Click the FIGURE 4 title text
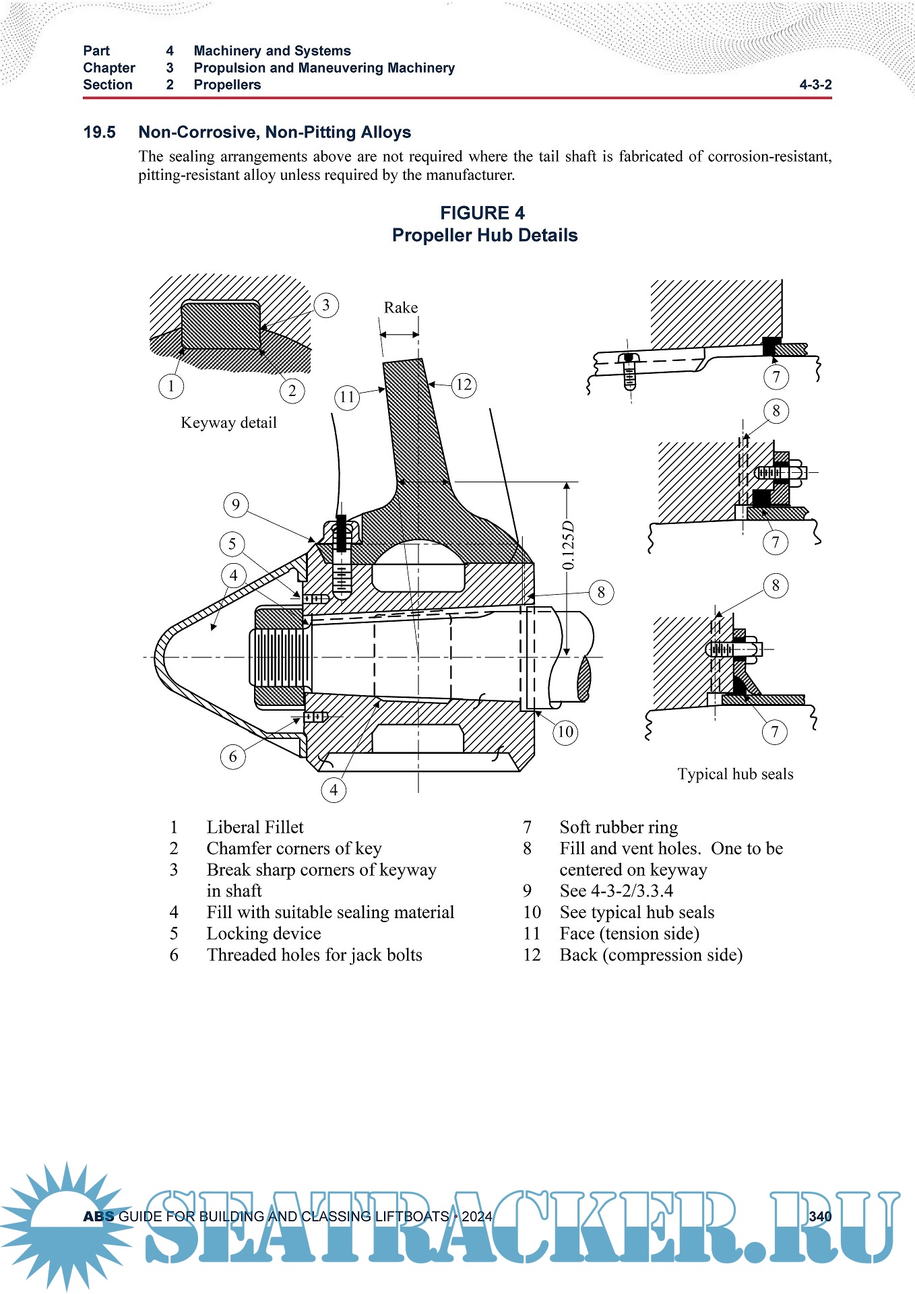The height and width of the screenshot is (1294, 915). (x=482, y=213)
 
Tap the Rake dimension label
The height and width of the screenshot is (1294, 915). (x=401, y=308)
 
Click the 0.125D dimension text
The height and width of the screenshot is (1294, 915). (x=569, y=546)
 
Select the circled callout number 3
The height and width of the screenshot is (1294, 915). (x=326, y=305)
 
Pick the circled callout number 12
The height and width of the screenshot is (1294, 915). (x=464, y=385)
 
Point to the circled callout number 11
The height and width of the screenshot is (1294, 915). (x=347, y=397)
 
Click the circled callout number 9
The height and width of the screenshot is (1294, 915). (x=236, y=505)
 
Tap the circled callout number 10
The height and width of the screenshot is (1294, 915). (x=565, y=732)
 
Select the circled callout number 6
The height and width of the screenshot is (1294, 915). (x=233, y=756)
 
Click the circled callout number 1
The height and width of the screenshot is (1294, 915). (x=171, y=386)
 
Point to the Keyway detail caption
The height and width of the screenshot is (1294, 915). (x=228, y=422)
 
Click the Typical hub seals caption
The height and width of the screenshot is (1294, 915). (x=735, y=774)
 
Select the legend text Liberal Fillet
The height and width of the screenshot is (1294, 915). (x=255, y=827)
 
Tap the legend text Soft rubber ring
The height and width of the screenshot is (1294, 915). (x=619, y=827)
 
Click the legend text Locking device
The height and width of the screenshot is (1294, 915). (x=263, y=934)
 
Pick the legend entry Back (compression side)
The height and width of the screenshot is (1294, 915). (x=651, y=955)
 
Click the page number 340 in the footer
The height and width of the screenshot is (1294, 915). (x=820, y=1217)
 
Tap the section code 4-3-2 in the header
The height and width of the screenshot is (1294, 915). (x=815, y=85)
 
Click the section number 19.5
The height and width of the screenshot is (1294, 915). (x=99, y=132)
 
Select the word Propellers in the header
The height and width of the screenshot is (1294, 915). (x=227, y=85)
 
